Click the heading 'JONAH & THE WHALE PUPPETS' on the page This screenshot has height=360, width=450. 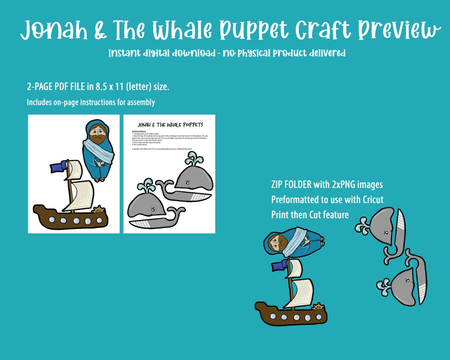click(x=170, y=125)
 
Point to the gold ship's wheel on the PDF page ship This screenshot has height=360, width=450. click(x=99, y=210)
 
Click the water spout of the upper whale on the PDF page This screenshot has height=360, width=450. click(x=193, y=160)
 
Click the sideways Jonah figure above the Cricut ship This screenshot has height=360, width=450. click(x=294, y=242)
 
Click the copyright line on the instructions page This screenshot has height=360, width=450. click(x=162, y=149)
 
